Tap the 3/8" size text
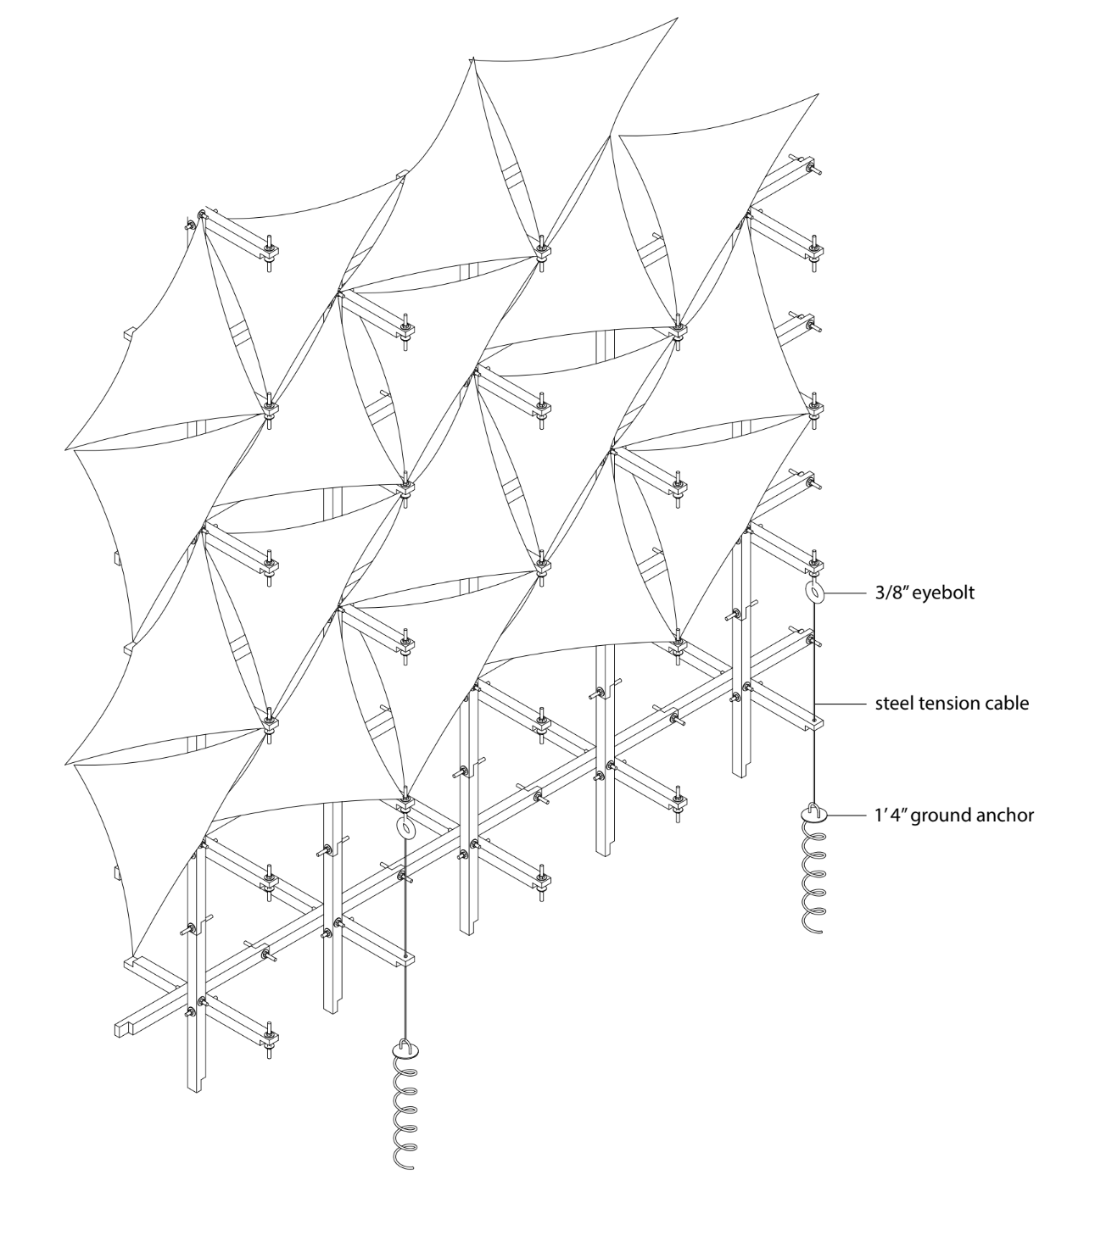point(895,593)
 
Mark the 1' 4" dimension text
point(889,816)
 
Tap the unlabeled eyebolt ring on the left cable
point(405,828)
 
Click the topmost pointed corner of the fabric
point(677,18)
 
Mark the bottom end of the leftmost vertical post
point(196,1087)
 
